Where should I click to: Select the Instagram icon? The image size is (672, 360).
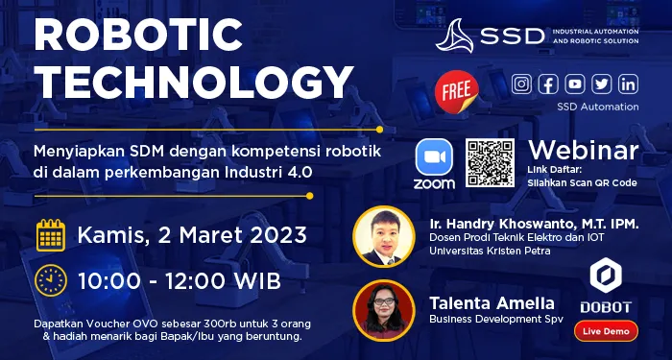coord(521,84)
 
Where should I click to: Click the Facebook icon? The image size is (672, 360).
coord(548,84)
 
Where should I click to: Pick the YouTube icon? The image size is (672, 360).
coord(575,84)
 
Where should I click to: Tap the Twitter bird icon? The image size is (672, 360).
coord(602,84)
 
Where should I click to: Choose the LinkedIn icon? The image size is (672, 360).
coord(629,84)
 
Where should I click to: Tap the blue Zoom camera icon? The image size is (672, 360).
coord(434,156)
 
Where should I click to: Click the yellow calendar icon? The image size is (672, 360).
coord(51,234)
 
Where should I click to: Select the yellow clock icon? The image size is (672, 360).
coord(51,280)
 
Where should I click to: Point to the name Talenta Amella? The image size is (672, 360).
coord(492,302)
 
